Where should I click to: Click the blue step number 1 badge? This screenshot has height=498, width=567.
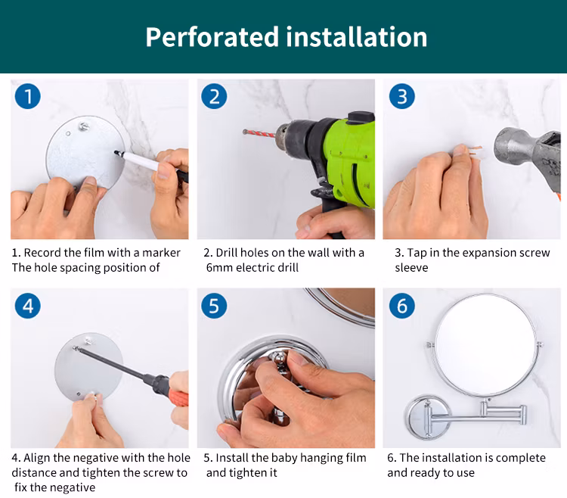28,96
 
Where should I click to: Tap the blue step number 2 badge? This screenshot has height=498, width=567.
214,96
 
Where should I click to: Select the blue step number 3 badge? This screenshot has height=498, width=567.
401,96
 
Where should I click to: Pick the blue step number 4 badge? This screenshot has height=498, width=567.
28,306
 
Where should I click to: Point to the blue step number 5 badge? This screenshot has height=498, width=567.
214,306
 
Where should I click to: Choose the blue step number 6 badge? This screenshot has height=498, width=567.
401,306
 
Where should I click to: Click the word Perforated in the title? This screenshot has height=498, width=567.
212,37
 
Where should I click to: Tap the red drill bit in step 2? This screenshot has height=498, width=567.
259,134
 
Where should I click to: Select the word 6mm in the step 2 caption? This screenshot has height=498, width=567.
219,268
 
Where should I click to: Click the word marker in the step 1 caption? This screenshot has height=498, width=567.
161,253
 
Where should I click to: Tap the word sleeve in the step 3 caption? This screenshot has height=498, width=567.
411,268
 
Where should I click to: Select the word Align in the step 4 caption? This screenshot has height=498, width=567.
37,459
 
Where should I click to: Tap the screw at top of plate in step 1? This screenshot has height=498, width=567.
84,126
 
